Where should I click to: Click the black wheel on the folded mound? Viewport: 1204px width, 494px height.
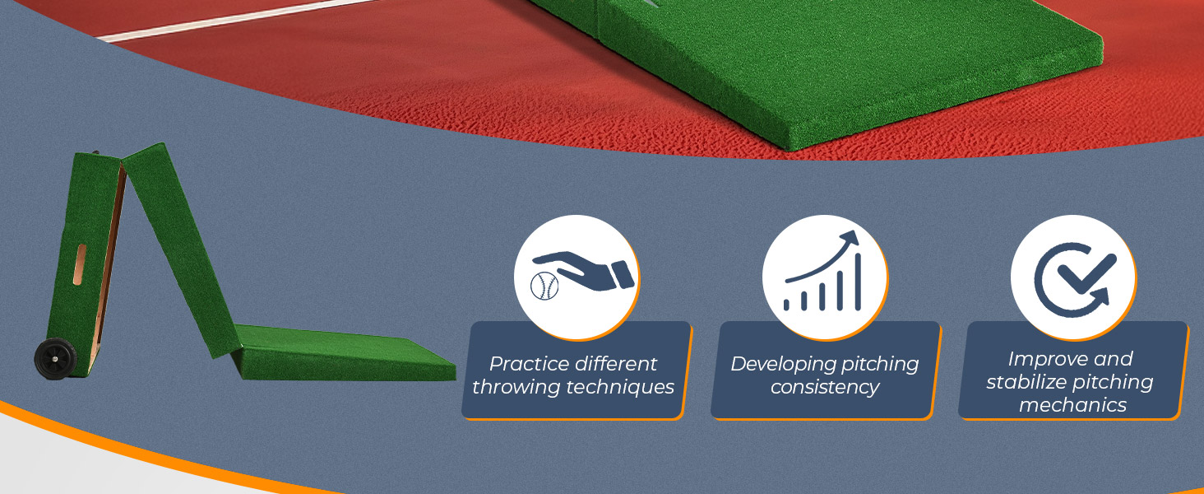55,358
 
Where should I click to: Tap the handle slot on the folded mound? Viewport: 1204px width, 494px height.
80,265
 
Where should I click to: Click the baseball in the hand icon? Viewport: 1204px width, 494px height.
544,286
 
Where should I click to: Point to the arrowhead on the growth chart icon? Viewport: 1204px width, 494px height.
850,239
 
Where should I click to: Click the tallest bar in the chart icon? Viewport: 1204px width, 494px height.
858,282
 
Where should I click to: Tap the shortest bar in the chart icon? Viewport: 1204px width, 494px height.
786,305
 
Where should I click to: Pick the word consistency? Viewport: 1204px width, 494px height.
825,387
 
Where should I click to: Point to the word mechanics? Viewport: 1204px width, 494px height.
1073,405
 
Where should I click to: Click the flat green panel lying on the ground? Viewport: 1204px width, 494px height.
344,352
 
